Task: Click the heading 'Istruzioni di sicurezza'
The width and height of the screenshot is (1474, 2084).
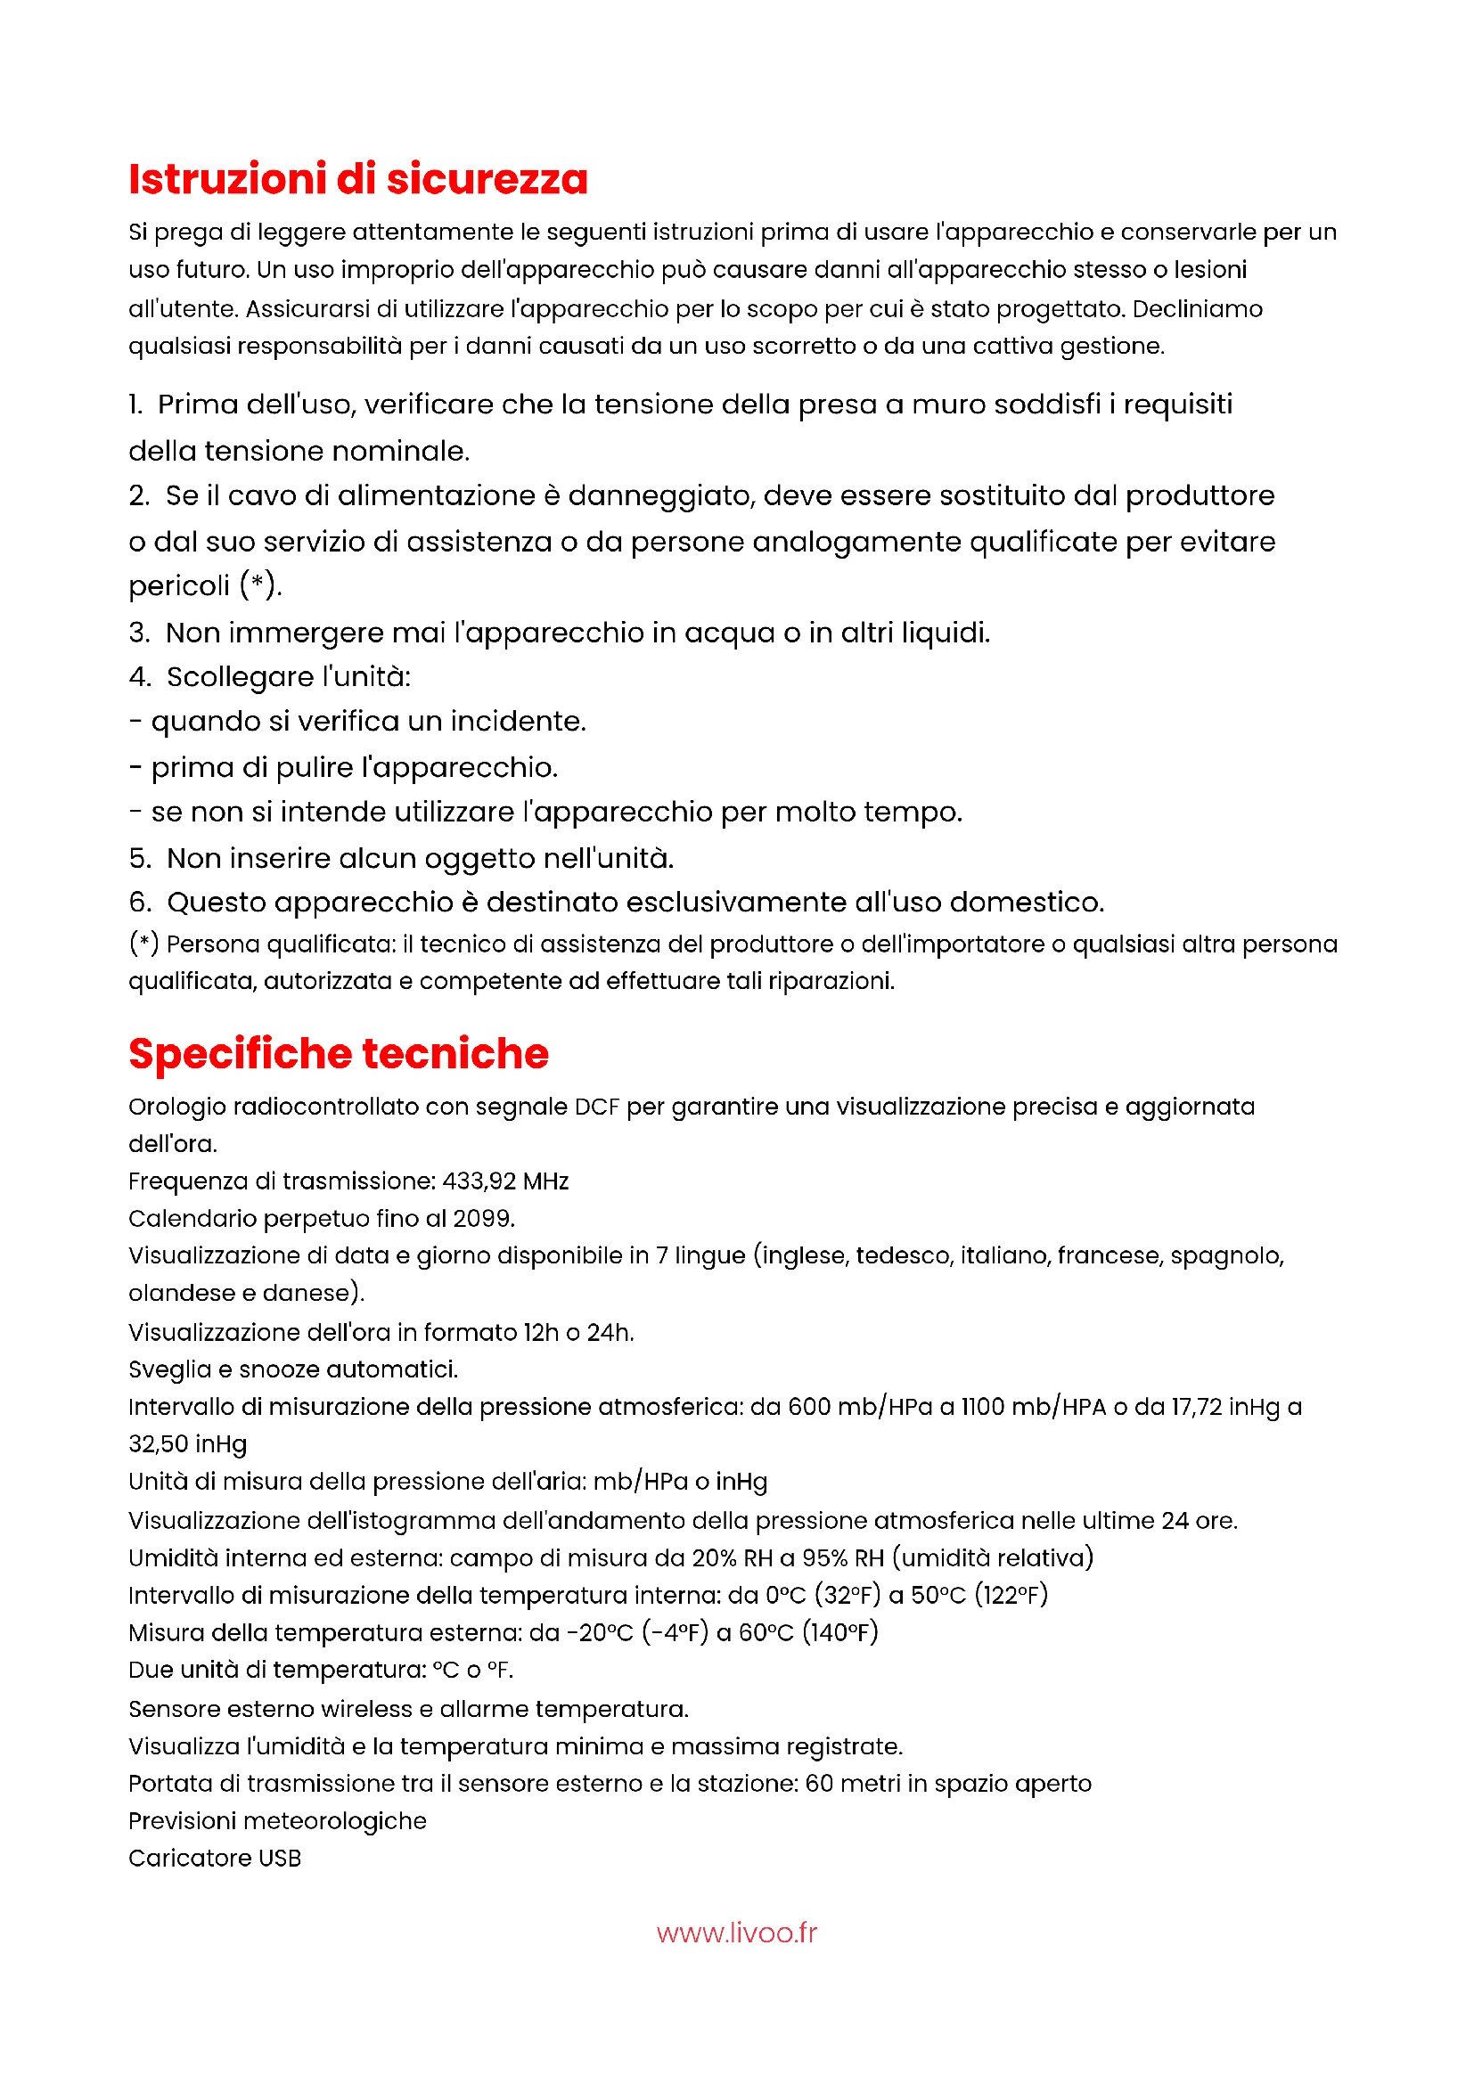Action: (357, 179)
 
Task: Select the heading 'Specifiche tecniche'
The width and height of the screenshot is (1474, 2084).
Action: (339, 1054)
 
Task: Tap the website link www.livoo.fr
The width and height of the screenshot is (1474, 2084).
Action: (736, 1933)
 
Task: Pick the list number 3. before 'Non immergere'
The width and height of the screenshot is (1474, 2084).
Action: (139, 633)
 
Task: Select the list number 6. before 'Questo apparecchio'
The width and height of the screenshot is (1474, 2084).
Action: (140, 903)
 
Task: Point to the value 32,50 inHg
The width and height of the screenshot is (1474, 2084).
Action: (188, 1443)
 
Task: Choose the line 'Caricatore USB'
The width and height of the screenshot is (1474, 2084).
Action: (214, 1858)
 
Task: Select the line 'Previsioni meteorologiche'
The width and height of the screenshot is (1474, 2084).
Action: (277, 1821)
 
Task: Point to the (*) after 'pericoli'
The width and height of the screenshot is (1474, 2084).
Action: (259, 585)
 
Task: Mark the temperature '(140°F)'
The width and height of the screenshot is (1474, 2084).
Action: (840, 1632)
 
